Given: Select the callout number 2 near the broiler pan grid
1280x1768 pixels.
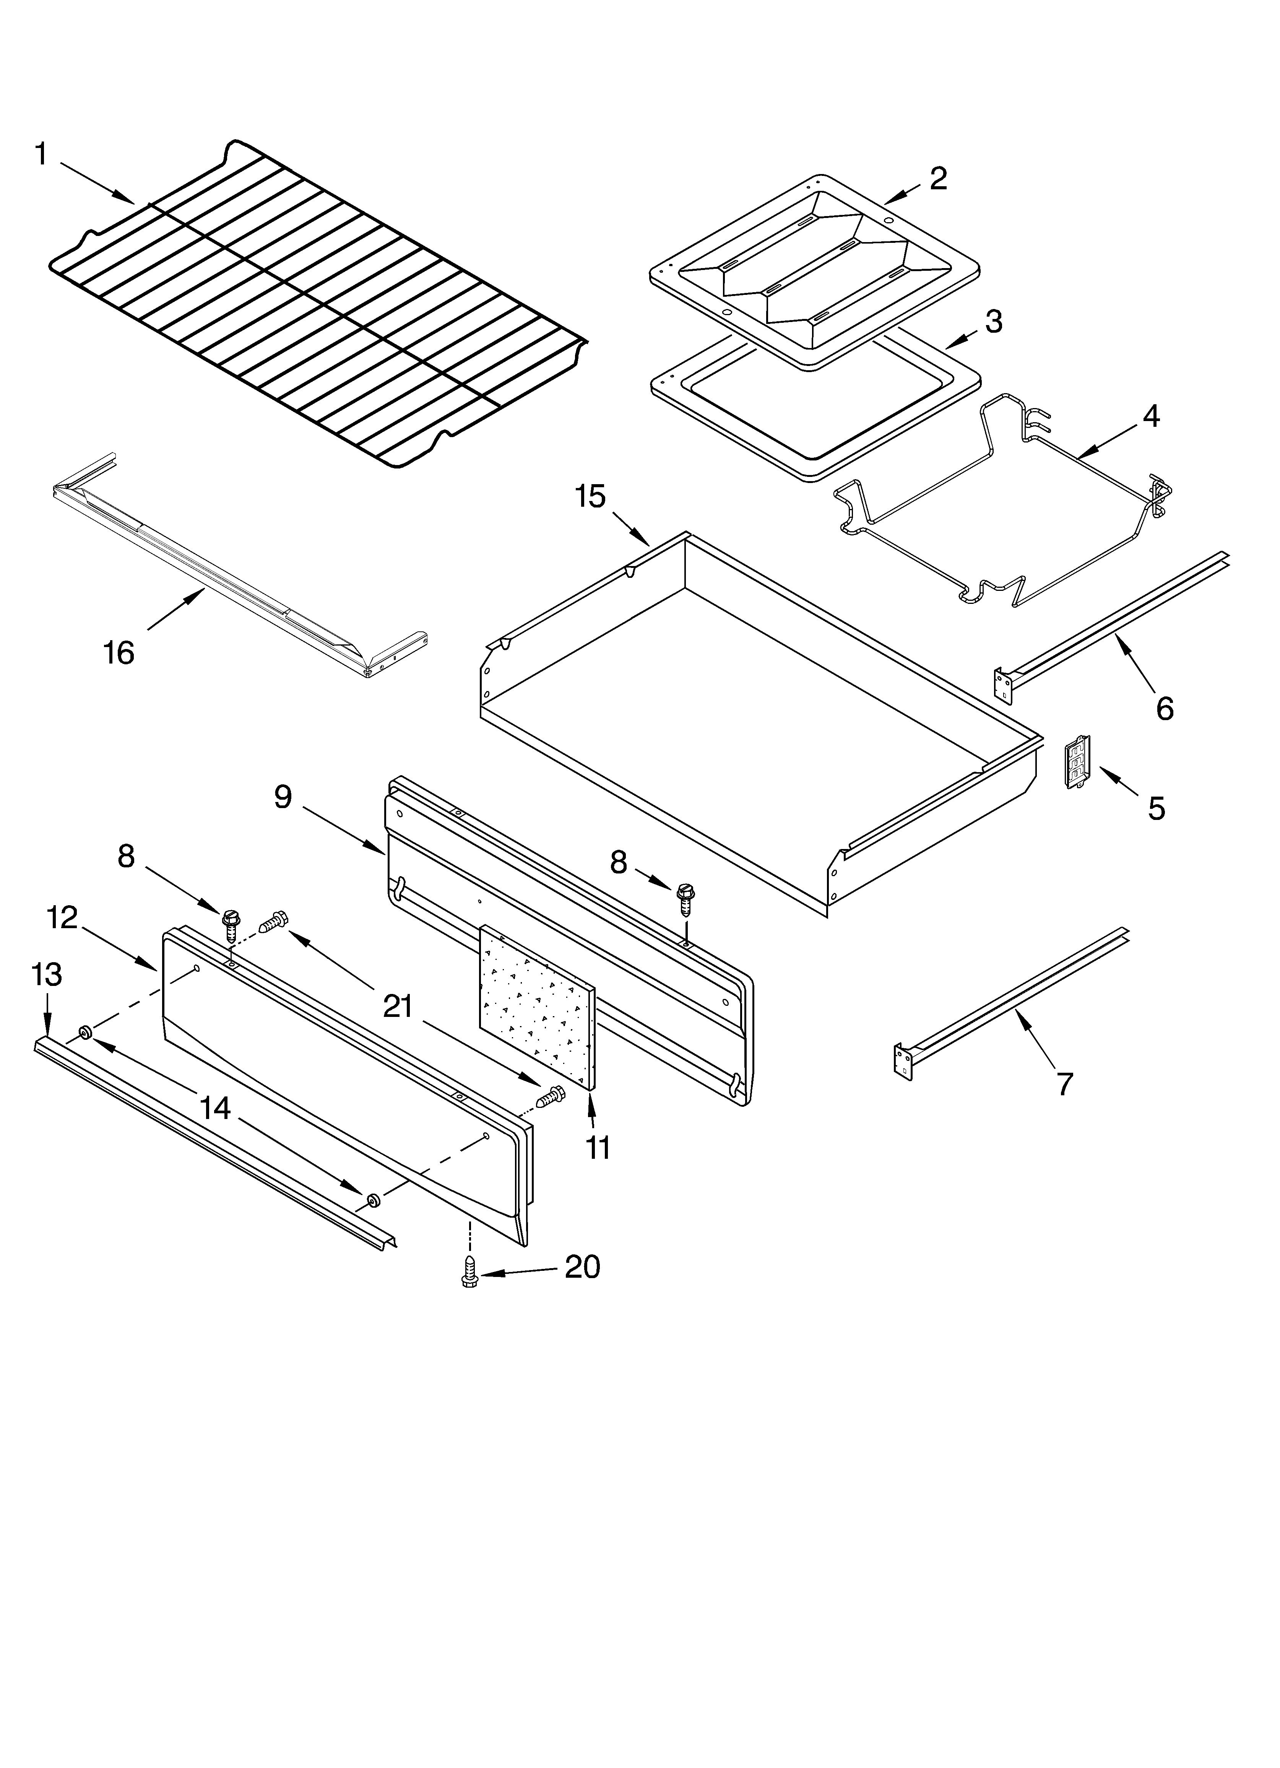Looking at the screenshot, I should [x=939, y=179].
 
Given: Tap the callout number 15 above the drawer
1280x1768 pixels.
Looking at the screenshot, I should [x=590, y=496].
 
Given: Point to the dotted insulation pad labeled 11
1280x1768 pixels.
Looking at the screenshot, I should [x=536, y=1005].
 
